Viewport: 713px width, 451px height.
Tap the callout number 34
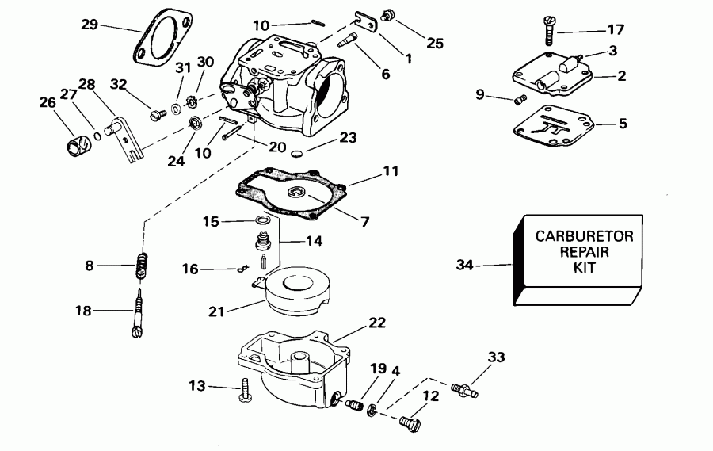(465, 266)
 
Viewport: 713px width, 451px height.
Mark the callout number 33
(496, 357)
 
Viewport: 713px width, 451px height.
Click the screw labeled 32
(155, 115)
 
